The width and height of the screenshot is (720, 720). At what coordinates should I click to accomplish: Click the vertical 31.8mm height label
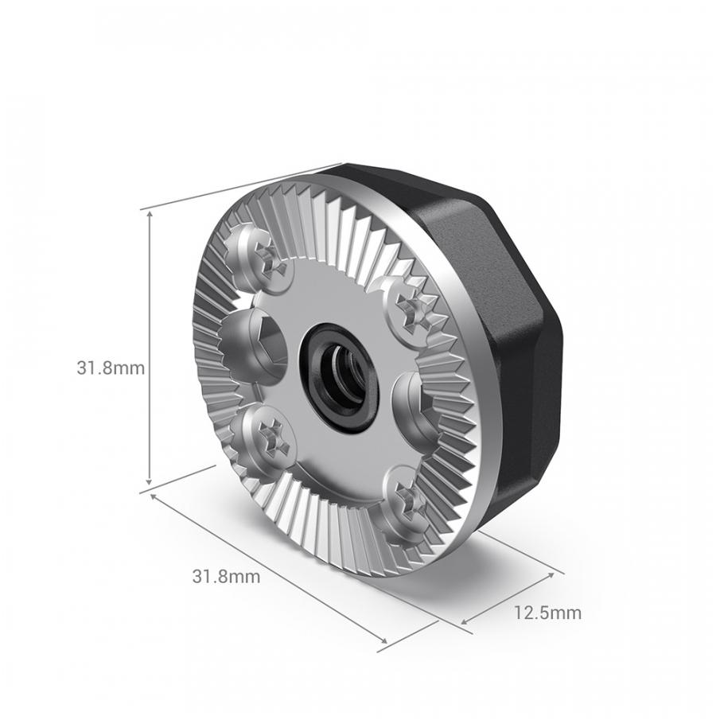110,368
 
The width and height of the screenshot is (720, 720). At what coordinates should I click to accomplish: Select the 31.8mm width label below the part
226,577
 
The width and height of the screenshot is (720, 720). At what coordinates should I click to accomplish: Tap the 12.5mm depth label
547,613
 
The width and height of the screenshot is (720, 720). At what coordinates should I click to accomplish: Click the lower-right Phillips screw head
407,500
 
